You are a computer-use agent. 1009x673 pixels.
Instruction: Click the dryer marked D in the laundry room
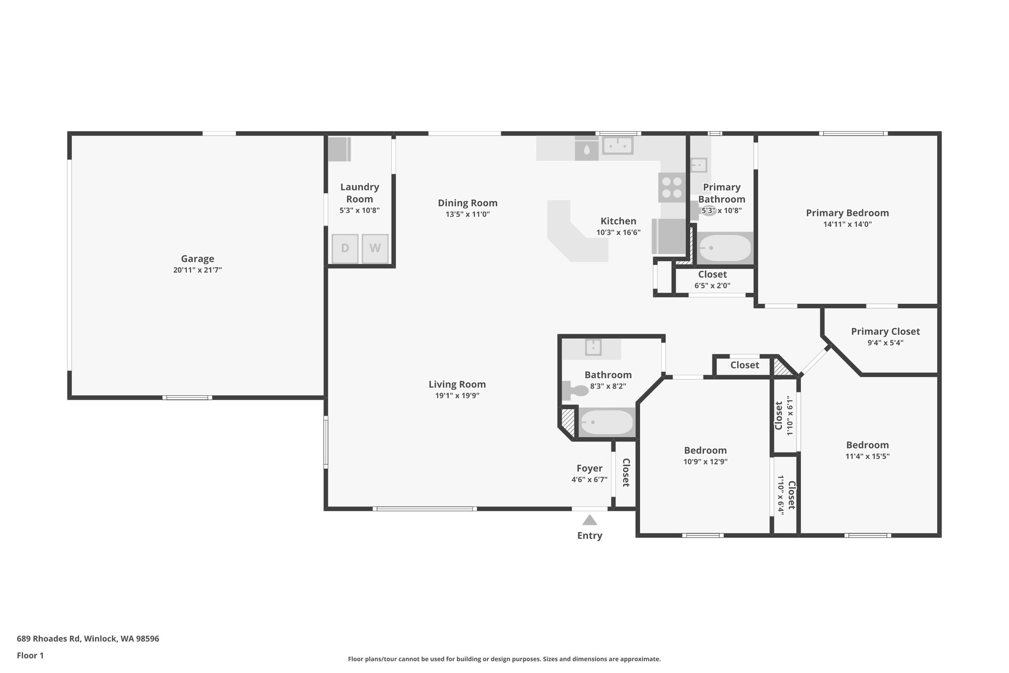(345, 248)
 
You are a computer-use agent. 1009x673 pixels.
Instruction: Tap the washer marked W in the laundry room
(375, 248)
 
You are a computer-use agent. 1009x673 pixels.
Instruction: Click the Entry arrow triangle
(589, 520)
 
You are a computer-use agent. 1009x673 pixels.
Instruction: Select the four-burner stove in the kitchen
(672, 187)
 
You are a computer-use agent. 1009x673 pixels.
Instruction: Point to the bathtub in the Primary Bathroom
(725, 248)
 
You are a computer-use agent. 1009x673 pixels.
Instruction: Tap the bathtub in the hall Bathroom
(606, 423)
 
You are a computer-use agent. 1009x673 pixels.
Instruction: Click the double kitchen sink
(617, 145)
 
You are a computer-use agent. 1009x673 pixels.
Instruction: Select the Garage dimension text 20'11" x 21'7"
(198, 270)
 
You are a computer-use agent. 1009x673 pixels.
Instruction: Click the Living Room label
(457, 384)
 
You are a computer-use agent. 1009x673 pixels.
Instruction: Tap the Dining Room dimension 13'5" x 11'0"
(468, 214)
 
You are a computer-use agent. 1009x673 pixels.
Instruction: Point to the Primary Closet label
(885, 331)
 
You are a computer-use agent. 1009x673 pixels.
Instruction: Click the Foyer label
(589, 468)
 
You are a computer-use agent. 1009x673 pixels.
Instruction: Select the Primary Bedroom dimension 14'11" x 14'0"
(847, 224)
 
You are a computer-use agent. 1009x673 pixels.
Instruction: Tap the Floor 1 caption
(30, 655)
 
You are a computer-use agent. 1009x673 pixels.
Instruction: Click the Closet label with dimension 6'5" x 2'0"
(712, 274)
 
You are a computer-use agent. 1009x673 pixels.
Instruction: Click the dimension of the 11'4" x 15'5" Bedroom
(867, 457)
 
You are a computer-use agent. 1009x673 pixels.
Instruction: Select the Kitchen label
(618, 221)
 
